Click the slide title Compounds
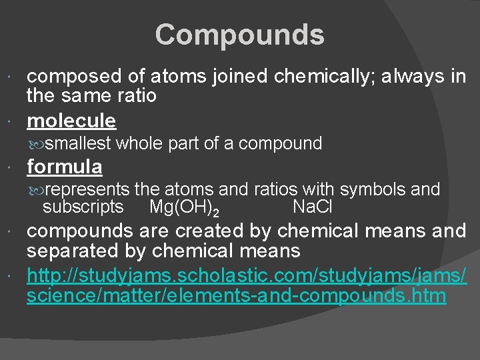coord(240,35)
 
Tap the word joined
coord(235,77)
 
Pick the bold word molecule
coord(71,121)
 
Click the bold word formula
coord(65,166)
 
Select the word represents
coord(89,190)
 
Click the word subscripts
coord(83,207)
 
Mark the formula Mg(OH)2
coord(184,208)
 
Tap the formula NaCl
coord(313,207)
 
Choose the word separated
coord(69,251)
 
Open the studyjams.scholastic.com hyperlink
coord(247,285)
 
